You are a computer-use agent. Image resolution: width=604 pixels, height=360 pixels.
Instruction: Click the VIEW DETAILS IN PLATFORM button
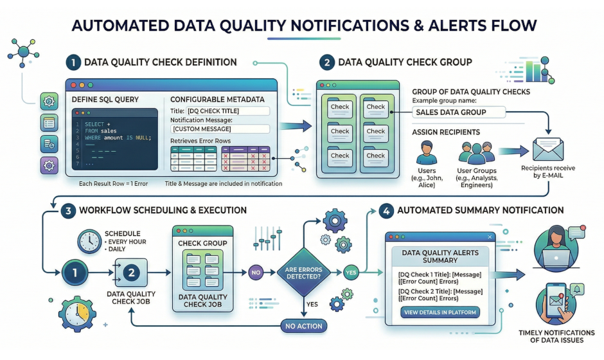[x=440, y=312]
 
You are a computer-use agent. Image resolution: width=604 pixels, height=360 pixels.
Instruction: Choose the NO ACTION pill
[x=303, y=326]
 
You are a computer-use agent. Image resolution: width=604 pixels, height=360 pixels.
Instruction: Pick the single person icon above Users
[x=427, y=154]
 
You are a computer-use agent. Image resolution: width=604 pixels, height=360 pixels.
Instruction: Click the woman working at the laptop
[x=557, y=248]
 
